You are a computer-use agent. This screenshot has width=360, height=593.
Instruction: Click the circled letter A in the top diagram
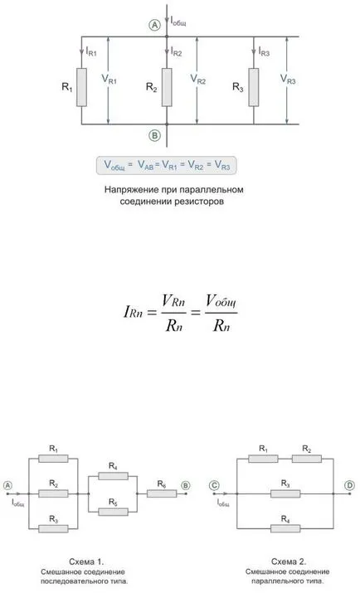[x=154, y=26]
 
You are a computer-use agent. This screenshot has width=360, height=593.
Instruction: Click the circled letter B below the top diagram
[x=154, y=135]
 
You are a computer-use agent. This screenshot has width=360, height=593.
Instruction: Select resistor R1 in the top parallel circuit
[x=81, y=87]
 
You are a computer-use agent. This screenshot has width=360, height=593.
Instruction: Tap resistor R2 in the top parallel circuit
[x=167, y=87]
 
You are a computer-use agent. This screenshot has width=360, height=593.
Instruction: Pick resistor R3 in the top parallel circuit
[x=254, y=87]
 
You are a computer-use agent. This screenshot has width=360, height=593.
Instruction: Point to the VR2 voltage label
[x=197, y=80]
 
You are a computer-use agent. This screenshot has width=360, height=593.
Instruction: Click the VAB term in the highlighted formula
[x=146, y=165]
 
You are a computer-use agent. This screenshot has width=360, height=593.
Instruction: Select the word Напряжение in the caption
[x=129, y=190]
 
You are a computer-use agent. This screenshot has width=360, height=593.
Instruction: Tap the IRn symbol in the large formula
[x=133, y=312]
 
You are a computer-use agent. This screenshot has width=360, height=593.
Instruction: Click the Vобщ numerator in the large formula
[x=221, y=302]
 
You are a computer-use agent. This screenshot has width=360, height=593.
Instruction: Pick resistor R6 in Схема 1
[x=162, y=493]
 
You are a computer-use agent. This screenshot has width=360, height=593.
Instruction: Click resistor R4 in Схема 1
[x=113, y=476]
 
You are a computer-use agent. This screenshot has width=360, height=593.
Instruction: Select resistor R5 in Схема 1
[x=113, y=512]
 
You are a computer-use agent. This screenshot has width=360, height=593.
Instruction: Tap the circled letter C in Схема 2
[x=214, y=485]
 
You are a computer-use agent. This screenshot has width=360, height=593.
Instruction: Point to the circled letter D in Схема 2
[x=350, y=485]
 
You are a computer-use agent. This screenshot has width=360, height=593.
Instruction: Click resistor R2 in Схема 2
[x=307, y=459]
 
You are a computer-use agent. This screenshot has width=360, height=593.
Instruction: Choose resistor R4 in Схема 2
[x=285, y=528]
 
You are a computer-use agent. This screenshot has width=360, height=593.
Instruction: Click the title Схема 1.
[x=86, y=561]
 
